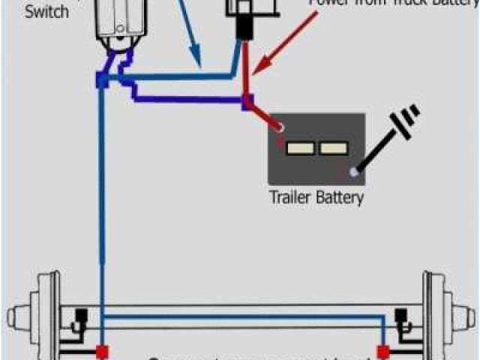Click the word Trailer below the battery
coord(293,198)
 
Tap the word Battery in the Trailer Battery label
coord(340,198)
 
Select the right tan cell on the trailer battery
coord(334,148)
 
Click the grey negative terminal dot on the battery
coord(352,173)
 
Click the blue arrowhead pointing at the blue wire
coord(198,60)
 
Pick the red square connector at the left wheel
coord(100,351)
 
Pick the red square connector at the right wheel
coord(384,351)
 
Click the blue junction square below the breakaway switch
coord(100,79)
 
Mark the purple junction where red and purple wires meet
coord(247,101)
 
